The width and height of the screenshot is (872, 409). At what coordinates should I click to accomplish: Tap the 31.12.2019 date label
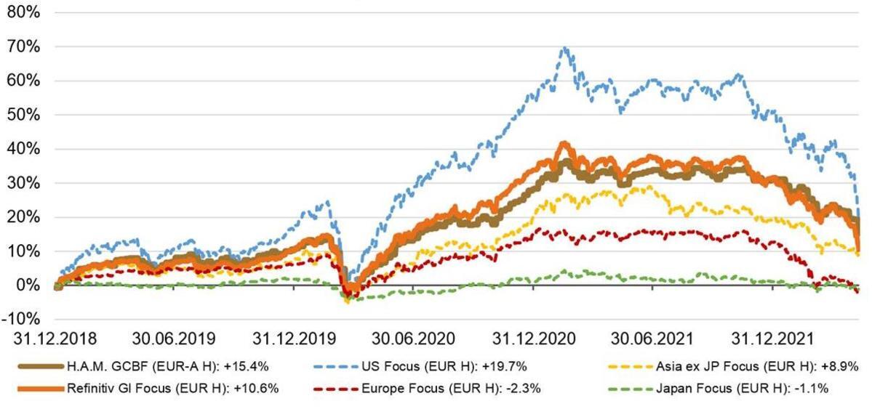click(x=295, y=339)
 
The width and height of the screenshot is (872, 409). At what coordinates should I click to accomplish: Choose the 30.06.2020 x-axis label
click(x=415, y=339)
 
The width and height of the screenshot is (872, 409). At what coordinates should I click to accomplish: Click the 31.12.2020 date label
click(x=535, y=339)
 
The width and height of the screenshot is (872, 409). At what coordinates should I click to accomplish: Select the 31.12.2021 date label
click(x=774, y=339)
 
